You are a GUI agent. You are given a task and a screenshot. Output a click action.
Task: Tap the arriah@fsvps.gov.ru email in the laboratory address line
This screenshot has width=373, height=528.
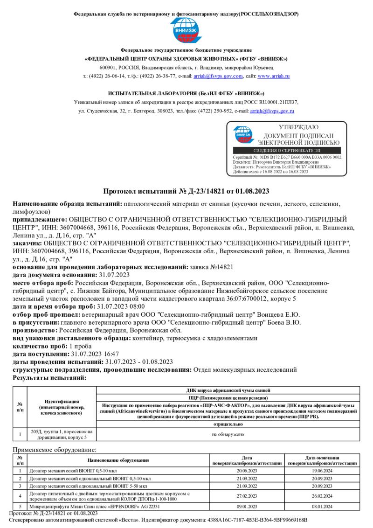point(272,111)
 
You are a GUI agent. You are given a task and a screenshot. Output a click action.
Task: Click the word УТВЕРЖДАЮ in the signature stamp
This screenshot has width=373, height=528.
point(298,127)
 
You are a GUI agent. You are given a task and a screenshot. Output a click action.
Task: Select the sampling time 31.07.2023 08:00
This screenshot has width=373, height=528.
point(120,306)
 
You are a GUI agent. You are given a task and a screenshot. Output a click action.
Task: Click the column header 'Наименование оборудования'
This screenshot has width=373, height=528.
point(118,460)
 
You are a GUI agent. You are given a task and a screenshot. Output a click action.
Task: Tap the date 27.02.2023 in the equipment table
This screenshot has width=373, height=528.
point(254,496)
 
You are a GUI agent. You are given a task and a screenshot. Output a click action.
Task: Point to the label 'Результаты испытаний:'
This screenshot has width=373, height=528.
point(49,378)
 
